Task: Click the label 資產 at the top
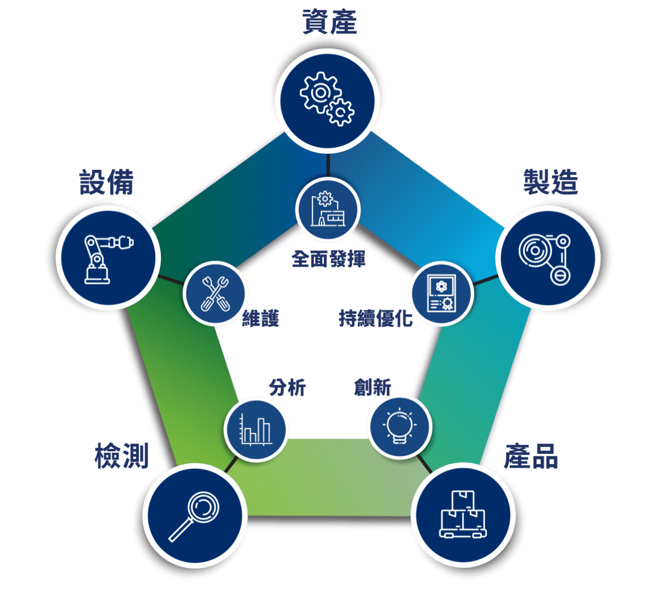click(x=329, y=22)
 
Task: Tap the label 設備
click(x=106, y=183)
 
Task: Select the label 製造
click(x=550, y=182)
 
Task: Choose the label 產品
click(x=531, y=456)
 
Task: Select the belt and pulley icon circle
click(x=548, y=256)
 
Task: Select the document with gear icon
click(x=442, y=294)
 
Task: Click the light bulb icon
click(x=400, y=427)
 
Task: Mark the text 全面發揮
click(x=328, y=258)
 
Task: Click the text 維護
click(x=261, y=319)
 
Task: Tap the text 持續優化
click(x=376, y=319)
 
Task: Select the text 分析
click(x=287, y=387)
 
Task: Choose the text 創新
click(x=373, y=387)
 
